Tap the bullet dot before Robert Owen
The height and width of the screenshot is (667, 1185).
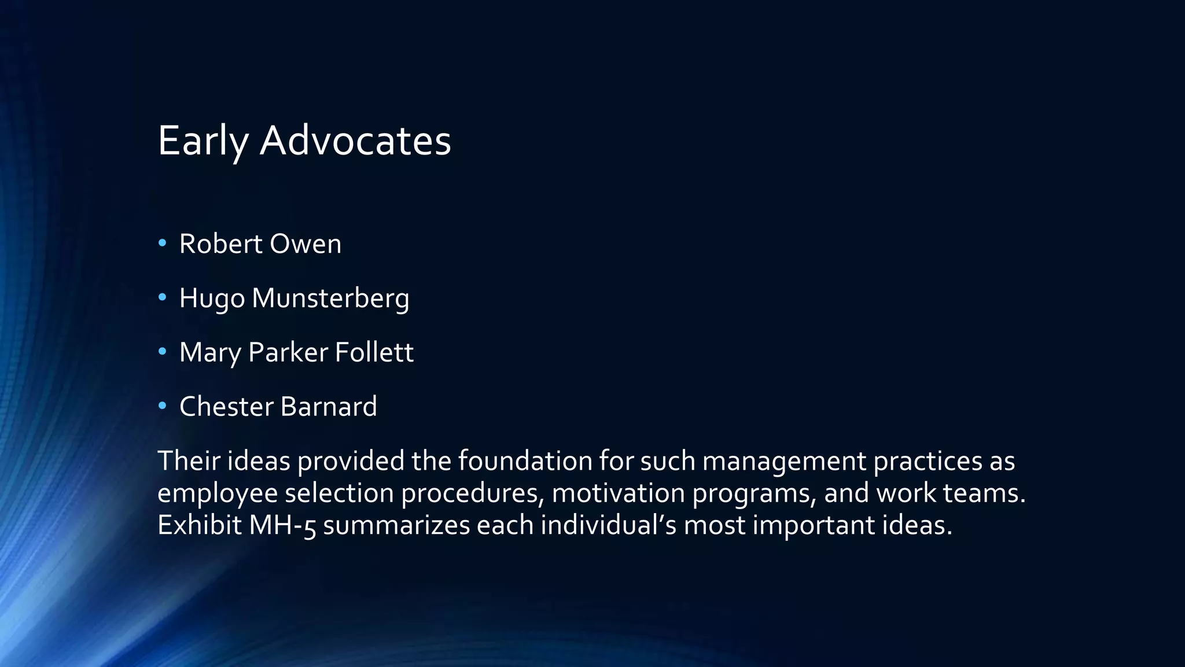point(163,243)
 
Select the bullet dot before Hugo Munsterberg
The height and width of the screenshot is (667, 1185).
point(163,297)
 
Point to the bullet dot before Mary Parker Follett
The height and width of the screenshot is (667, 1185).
point(163,351)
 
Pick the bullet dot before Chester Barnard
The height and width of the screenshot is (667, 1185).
point(163,406)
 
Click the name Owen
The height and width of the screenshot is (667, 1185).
point(306,244)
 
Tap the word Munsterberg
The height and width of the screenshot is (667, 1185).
point(330,299)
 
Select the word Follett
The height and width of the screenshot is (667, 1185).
point(374,352)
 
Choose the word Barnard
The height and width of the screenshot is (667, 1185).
point(328,406)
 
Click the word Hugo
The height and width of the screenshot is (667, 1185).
point(212,299)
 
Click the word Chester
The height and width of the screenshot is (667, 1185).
point(226,406)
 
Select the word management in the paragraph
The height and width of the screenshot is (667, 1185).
point(784,461)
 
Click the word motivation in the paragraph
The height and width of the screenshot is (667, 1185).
point(618,493)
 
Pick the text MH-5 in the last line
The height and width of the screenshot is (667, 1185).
point(283,525)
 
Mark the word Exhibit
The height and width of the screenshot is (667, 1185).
point(199,525)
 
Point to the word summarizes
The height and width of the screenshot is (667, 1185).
point(396,525)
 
